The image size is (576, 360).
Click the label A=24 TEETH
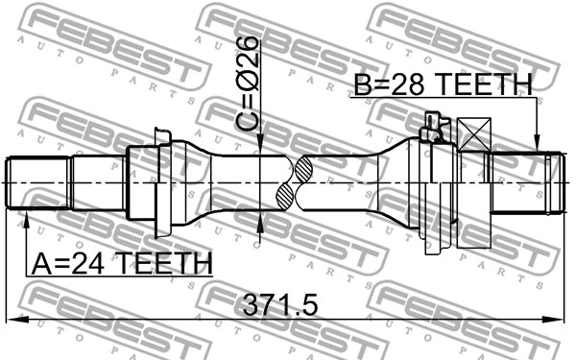(x=120, y=261)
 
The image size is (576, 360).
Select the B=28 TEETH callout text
(x=442, y=85)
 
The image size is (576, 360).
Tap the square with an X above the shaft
(x=474, y=133)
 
